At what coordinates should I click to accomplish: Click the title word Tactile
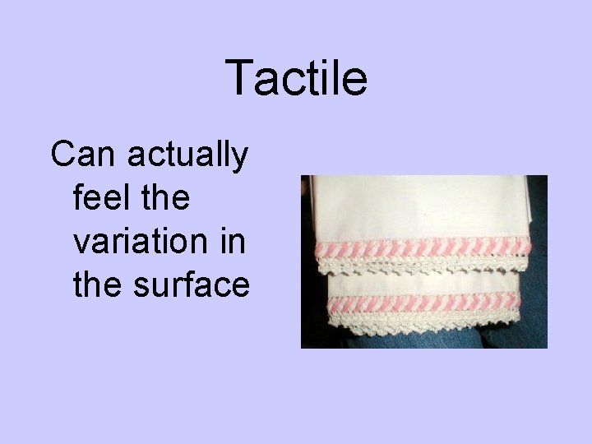(296, 79)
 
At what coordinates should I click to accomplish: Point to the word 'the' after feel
(165, 198)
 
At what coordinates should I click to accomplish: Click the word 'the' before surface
(95, 285)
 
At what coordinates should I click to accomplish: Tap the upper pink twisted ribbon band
(423, 247)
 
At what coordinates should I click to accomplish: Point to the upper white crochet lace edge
(423, 264)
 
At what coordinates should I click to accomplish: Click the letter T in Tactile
(238, 79)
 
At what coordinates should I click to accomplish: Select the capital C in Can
(60, 155)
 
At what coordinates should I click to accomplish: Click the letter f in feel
(78, 198)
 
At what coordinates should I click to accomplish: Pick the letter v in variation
(81, 243)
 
